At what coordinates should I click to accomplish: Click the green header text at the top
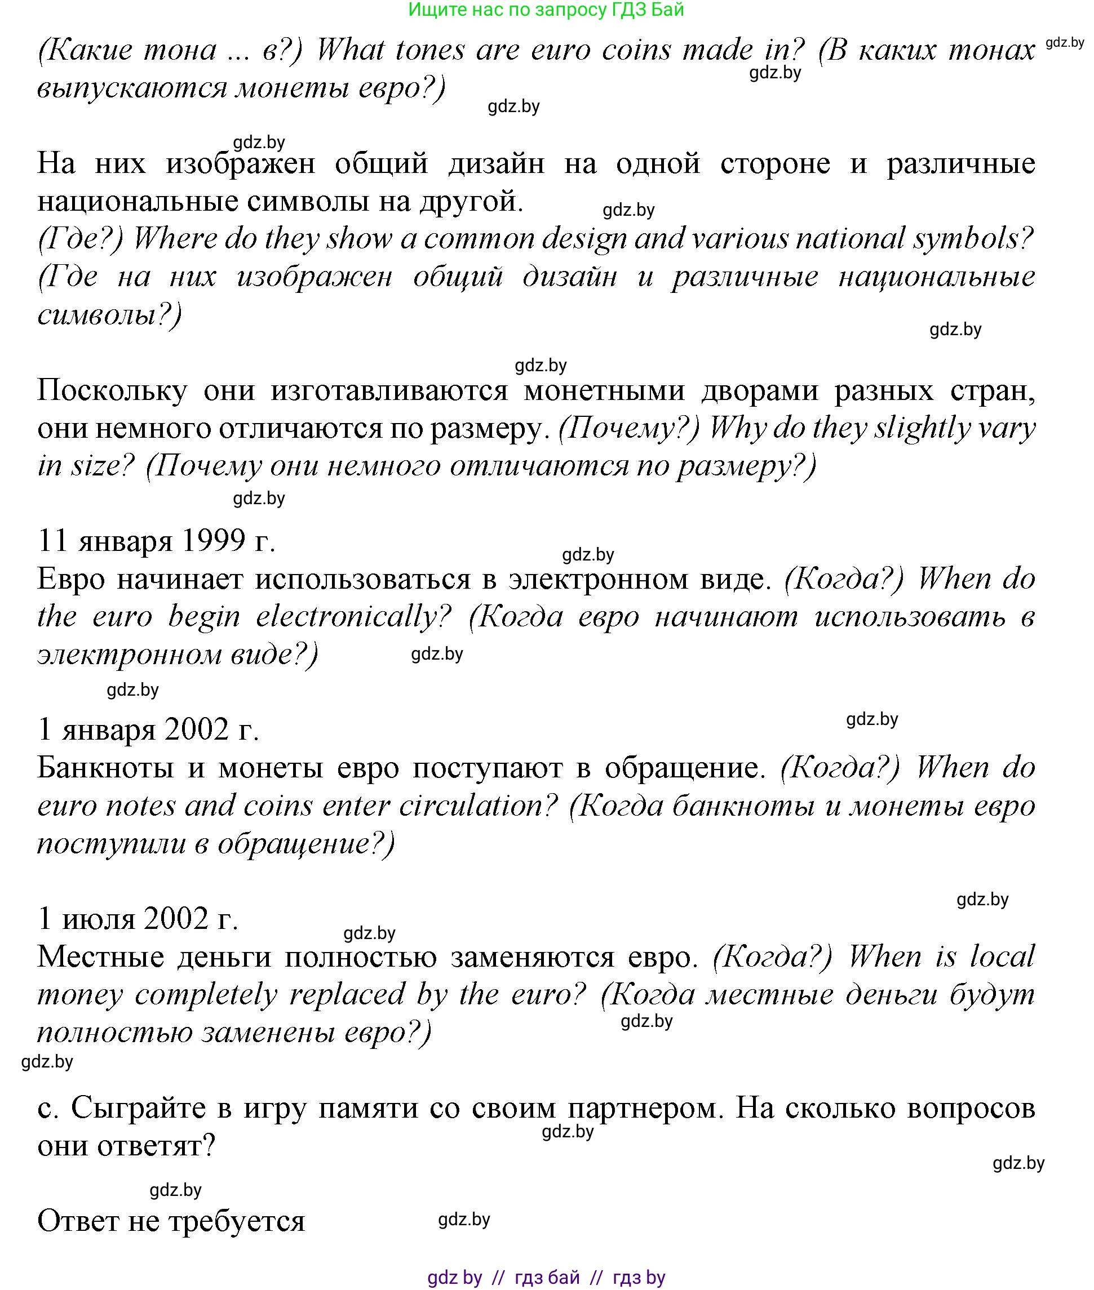[x=546, y=10]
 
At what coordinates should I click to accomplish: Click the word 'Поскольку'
[x=112, y=391]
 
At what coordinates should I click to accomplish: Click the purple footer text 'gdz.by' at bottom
[x=455, y=1278]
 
